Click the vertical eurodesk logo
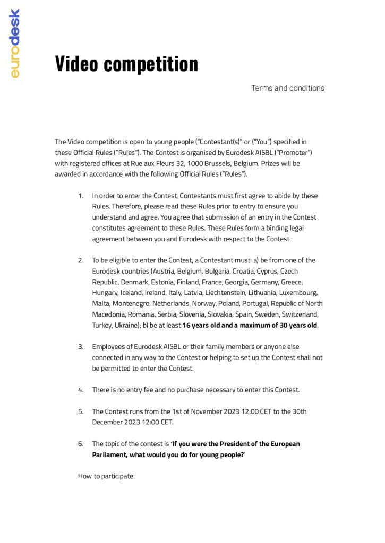(15, 43)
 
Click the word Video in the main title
(76, 64)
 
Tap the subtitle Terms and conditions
(287, 88)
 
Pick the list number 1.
(81, 196)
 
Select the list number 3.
(81, 347)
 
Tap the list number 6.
(81, 444)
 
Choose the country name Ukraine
(124, 325)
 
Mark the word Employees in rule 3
(109, 347)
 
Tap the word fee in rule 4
(156, 390)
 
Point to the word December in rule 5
(109, 422)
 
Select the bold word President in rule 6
(227, 444)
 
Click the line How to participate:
(107, 476)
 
